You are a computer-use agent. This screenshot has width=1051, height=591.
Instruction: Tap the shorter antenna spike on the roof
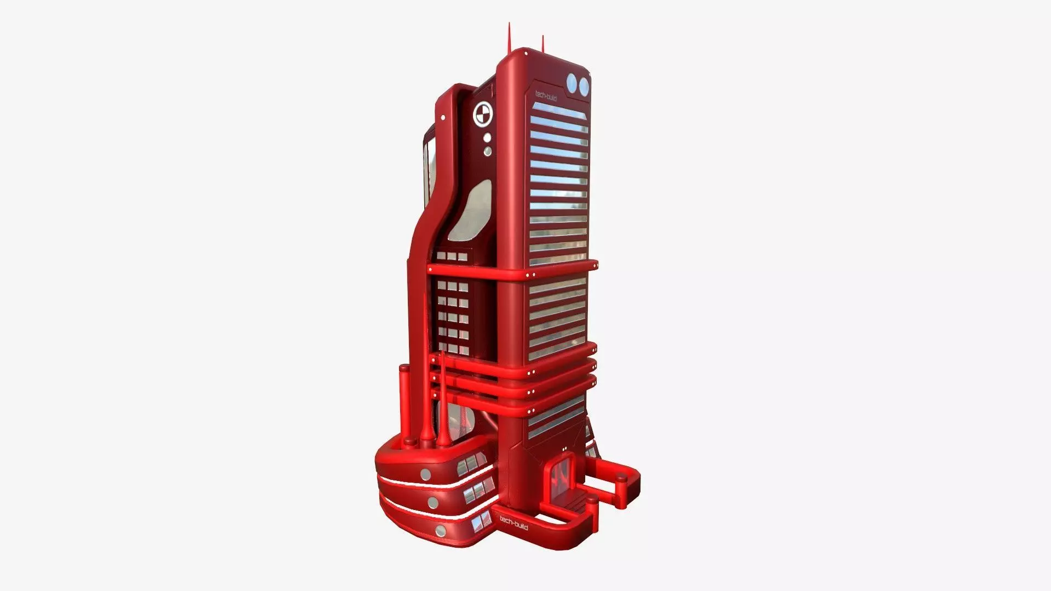(x=543, y=44)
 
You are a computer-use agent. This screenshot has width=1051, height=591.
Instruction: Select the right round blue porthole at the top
(x=584, y=85)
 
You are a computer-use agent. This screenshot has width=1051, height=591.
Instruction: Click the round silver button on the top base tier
(x=425, y=473)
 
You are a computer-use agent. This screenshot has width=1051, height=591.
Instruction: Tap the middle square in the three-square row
(x=452, y=256)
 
